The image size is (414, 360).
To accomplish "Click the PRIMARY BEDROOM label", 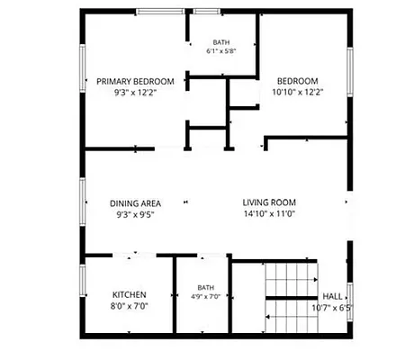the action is point(135,82).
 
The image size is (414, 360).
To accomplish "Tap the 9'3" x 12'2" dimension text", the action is point(135,93).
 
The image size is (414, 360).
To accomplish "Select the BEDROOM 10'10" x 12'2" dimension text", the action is point(298,92).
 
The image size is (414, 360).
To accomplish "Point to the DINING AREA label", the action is point(135,203).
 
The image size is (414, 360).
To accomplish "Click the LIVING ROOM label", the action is point(269,202).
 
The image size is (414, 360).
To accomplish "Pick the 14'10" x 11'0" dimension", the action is point(269,214).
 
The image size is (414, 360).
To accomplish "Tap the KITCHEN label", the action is point(130,295).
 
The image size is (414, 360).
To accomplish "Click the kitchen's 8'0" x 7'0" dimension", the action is point(130,306).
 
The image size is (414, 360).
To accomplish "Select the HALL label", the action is point(332,297).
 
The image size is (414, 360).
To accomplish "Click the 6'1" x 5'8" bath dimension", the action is point(221,51).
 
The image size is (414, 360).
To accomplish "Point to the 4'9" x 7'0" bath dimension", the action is point(206,297).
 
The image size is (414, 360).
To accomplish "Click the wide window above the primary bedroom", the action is point(160,12).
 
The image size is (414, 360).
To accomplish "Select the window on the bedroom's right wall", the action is point(350,72).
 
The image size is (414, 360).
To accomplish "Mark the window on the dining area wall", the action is point(83,202).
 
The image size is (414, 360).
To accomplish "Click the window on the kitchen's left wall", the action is point(83,281).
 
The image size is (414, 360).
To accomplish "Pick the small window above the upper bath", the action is point(206,12).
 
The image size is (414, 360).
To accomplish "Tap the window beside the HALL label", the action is point(350,302).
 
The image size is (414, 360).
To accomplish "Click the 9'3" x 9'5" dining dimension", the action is point(135,215).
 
